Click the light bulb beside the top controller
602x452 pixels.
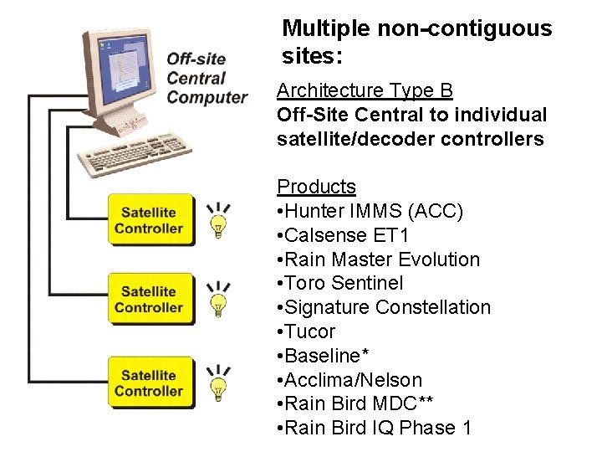coord(218,222)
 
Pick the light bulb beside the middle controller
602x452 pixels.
coord(218,300)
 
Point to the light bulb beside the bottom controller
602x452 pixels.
coord(218,384)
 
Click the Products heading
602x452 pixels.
coord(316,187)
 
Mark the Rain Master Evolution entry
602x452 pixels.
coord(378,259)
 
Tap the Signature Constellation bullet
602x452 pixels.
coord(383,307)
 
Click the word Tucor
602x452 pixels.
coord(311,331)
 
